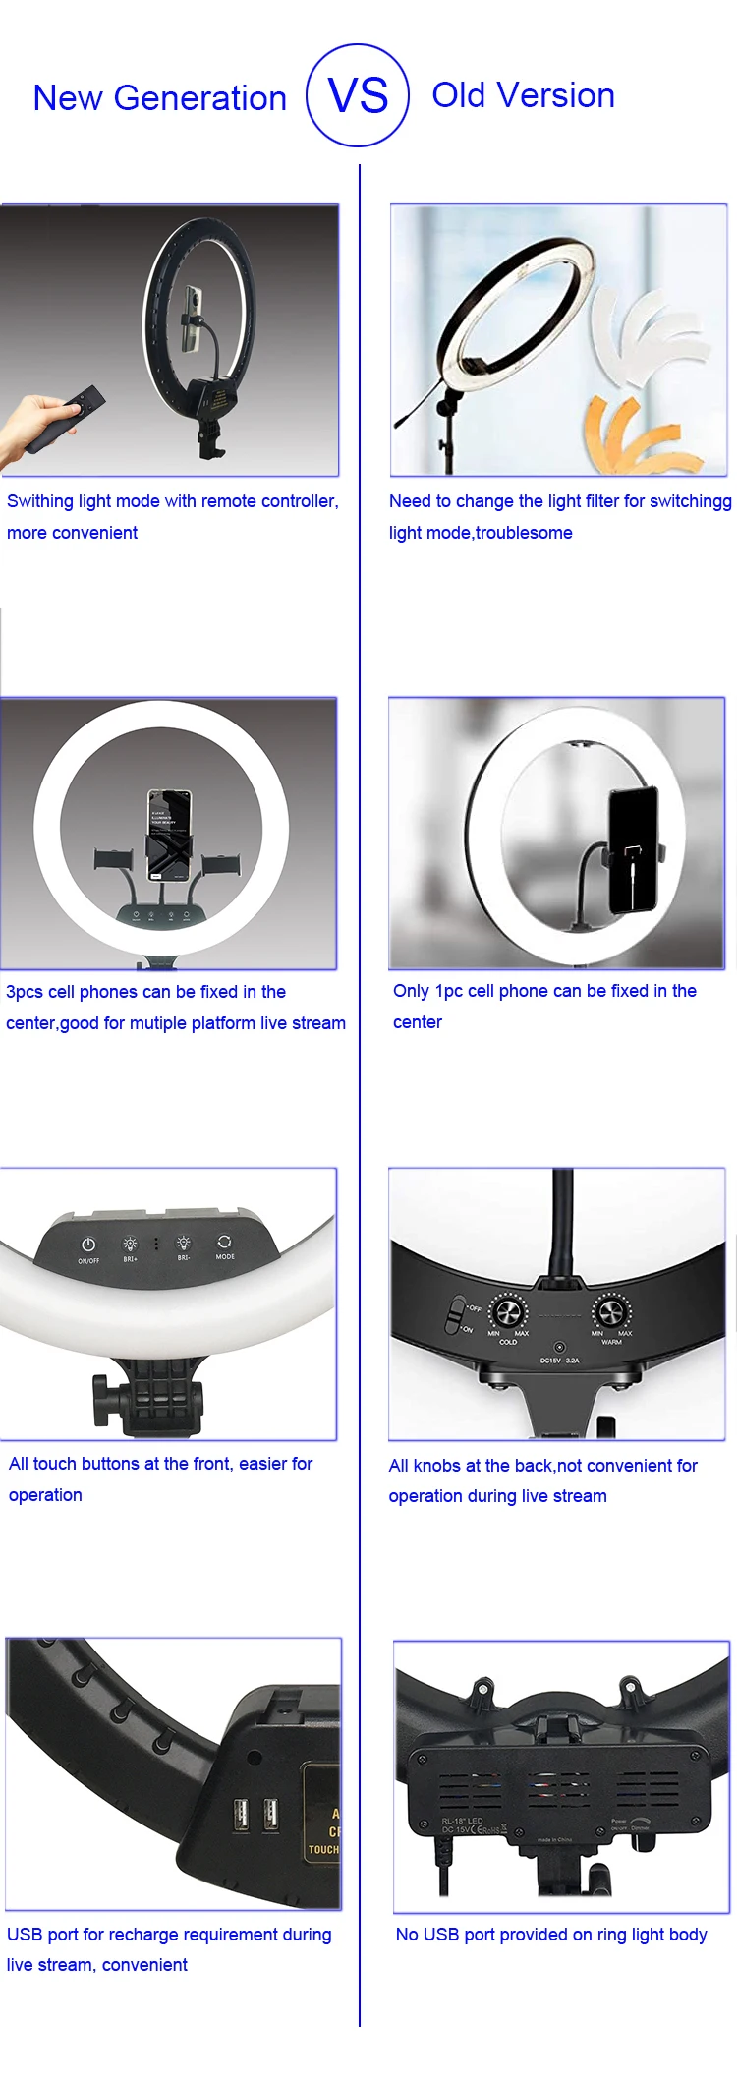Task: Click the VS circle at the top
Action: coord(358,95)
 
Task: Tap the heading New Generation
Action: coord(159,98)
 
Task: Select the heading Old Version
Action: coord(523,95)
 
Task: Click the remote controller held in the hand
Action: coord(67,419)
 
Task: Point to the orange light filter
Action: coord(639,433)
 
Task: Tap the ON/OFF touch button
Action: coord(88,1246)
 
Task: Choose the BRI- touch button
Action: coord(184,1245)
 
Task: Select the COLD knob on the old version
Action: coord(508,1311)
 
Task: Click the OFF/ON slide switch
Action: coord(456,1314)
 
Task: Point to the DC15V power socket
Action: coord(559,1347)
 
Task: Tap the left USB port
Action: coord(240,1815)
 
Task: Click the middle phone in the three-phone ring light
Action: coord(168,834)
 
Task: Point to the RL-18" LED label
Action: coord(462,1821)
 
